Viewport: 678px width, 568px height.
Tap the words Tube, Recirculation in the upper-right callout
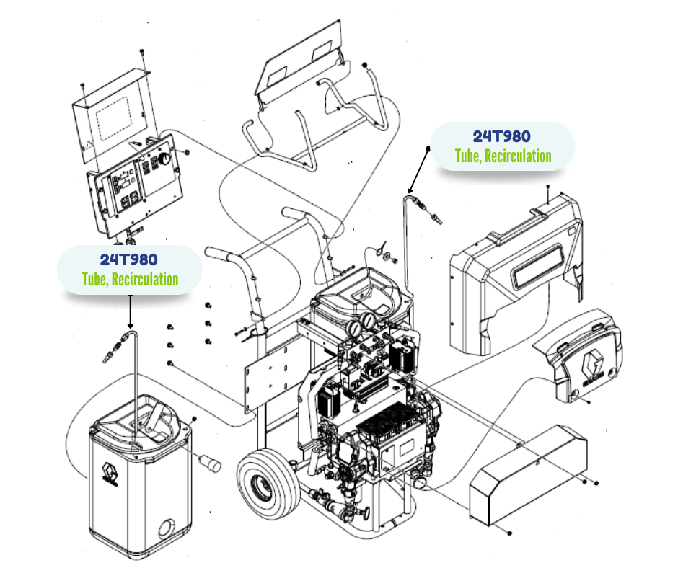click(x=503, y=156)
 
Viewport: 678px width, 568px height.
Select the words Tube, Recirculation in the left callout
click(x=130, y=279)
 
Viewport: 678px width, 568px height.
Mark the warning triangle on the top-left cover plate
click(x=88, y=144)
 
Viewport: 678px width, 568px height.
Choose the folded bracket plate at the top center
click(x=299, y=61)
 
